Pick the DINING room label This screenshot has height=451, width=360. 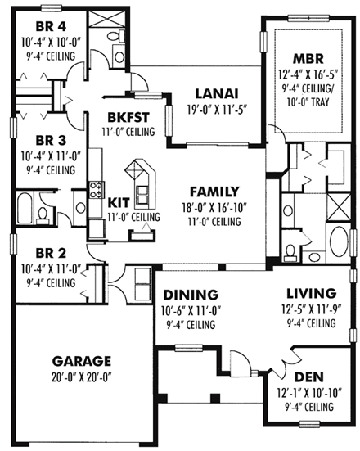tap(191, 295)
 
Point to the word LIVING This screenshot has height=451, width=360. tap(310, 293)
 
